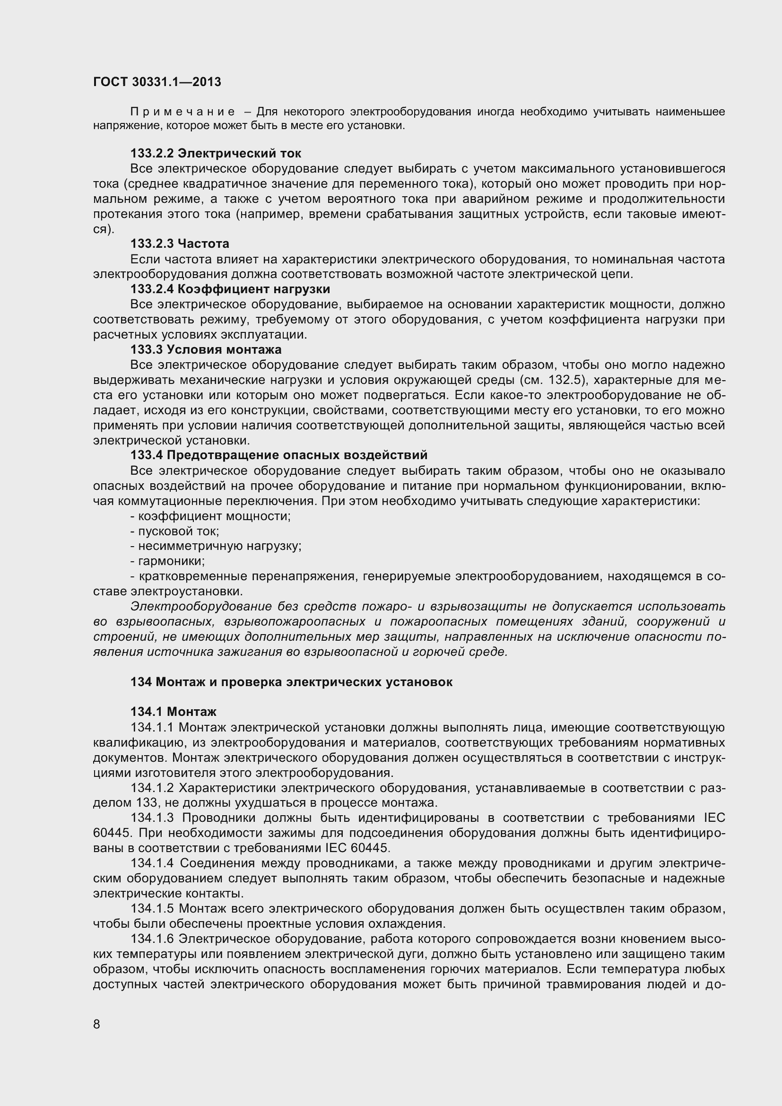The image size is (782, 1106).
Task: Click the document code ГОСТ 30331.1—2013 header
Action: tap(157, 82)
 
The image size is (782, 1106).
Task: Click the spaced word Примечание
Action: tap(182, 112)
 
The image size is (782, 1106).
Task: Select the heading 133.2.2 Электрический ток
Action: tap(216, 154)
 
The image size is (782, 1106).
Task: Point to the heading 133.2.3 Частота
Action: tap(180, 244)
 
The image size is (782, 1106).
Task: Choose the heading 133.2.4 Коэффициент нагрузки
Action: tap(230, 289)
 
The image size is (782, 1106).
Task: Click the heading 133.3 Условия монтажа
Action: tap(206, 349)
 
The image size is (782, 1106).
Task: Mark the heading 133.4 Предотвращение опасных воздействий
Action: tap(279, 455)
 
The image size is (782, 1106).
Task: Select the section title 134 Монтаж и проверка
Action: tap(291, 682)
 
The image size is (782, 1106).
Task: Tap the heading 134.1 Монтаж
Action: tap(174, 712)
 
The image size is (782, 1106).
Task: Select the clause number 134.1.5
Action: tap(152, 908)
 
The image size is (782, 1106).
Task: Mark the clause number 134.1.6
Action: tap(152, 939)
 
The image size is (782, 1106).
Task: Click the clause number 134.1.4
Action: tap(152, 863)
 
